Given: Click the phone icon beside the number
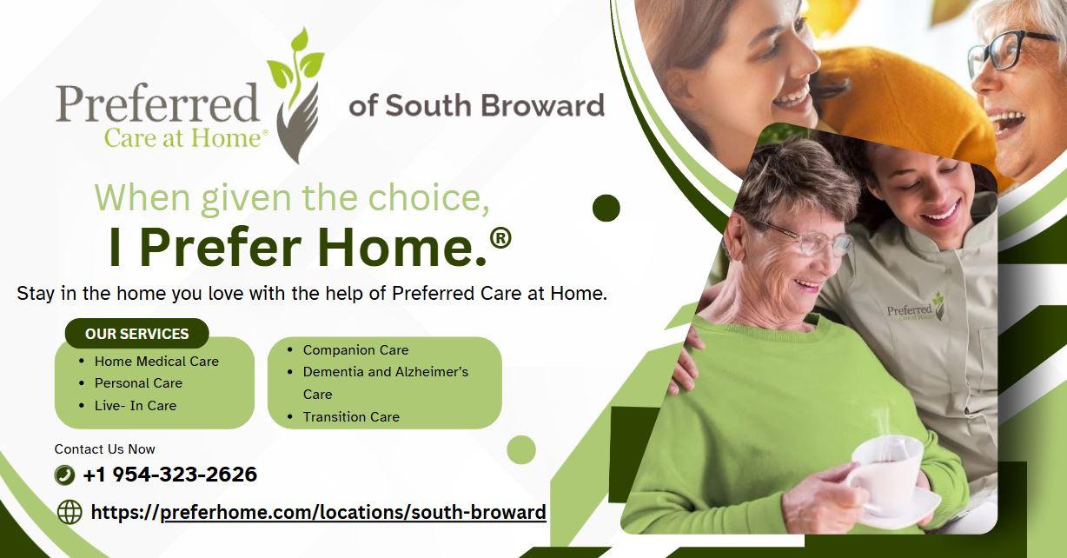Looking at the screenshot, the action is (x=65, y=475).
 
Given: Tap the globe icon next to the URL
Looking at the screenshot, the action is (x=70, y=512).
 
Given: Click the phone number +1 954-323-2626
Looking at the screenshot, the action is (x=170, y=475).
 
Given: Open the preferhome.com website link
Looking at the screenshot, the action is (x=319, y=513).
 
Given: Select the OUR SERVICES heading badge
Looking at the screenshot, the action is (x=136, y=334).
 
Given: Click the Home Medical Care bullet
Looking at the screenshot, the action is (x=156, y=362).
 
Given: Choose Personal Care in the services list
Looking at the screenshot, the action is (x=139, y=383).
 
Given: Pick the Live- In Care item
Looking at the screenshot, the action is (x=136, y=406).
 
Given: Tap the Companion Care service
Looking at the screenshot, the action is (x=356, y=350).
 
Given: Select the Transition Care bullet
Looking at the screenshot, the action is (x=352, y=417).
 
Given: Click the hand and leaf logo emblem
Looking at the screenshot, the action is (x=295, y=96).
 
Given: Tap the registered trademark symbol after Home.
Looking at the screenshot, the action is (x=500, y=238).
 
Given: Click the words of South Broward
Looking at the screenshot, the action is (x=477, y=105).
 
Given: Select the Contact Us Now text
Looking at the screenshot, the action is (x=105, y=449).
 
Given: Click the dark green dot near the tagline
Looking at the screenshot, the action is (x=606, y=209).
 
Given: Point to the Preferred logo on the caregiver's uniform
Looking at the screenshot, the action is (x=915, y=308).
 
